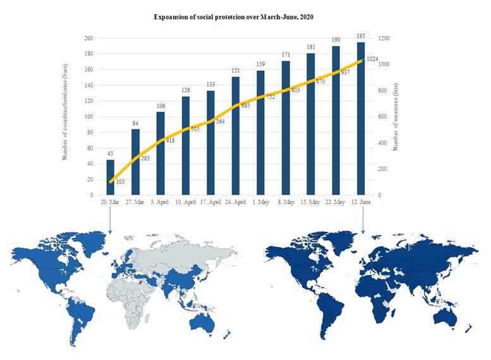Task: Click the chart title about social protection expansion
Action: tap(233, 16)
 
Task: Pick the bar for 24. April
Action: tap(236, 136)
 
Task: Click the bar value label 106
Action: tap(161, 106)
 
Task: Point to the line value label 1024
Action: tap(372, 59)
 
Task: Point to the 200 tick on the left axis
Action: tap(88, 39)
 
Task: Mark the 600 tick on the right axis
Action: tap(383, 117)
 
